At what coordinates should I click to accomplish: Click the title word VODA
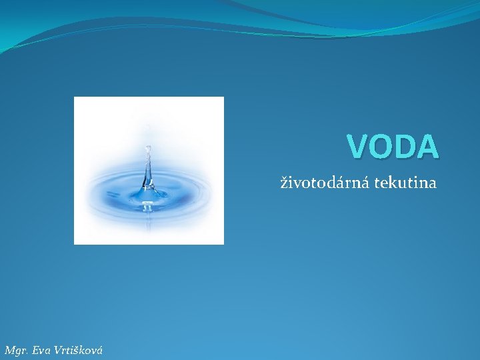[x=393, y=147]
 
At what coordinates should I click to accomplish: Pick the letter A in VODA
[x=427, y=147]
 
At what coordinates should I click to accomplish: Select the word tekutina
[x=405, y=182]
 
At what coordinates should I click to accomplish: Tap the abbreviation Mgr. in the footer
[x=16, y=350]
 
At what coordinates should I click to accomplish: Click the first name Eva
[x=41, y=350]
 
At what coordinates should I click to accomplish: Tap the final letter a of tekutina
[x=433, y=183]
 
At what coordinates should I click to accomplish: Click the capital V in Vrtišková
[x=59, y=350]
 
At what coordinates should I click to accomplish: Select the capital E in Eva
[x=35, y=350]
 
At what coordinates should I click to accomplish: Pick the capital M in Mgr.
[x=9, y=350]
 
